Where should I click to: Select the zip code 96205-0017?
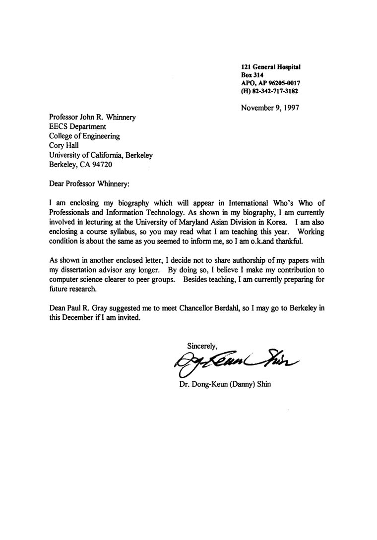[283, 83]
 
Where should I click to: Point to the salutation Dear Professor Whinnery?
[89, 183]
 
